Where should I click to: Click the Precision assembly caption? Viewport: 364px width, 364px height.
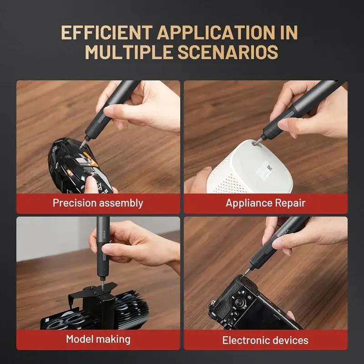pos(98,203)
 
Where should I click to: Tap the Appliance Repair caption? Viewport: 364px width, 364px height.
pos(265,203)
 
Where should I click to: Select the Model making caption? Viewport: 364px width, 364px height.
pos(98,339)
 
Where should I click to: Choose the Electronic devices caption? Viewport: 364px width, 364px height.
pos(265,340)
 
